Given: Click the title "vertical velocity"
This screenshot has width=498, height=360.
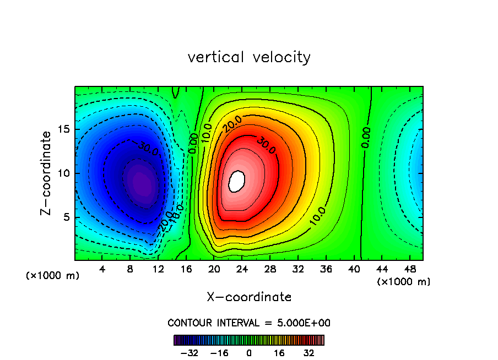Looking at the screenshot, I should [x=249, y=57].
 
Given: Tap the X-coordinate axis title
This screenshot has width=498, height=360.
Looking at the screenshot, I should [x=249, y=297].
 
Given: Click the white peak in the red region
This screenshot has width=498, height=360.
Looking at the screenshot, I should [x=236, y=181].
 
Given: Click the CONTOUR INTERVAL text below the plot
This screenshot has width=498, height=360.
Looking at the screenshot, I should [x=249, y=323].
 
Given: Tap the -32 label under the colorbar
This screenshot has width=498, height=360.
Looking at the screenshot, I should [x=190, y=353].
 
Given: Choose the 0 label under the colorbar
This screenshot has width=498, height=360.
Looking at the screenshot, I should [x=249, y=353].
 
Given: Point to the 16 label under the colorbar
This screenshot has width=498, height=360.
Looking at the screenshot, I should [x=279, y=353].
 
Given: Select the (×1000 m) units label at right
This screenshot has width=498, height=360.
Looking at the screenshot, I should [x=404, y=282].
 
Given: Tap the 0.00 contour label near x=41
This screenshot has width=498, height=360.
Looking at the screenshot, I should [x=366, y=137].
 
